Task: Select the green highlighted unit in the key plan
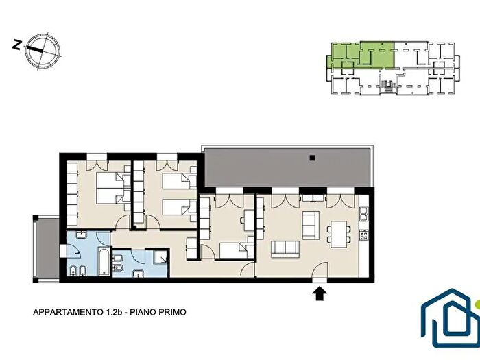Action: click(362, 55)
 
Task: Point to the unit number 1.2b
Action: click(115, 311)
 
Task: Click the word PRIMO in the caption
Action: click(171, 311)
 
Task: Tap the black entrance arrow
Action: click(319, 294)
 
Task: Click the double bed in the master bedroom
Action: click(108, 188)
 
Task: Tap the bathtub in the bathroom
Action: click(98, 263)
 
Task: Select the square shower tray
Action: click(159, 258)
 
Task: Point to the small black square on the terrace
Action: click(312, 158)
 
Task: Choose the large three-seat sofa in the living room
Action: click(283, 248)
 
